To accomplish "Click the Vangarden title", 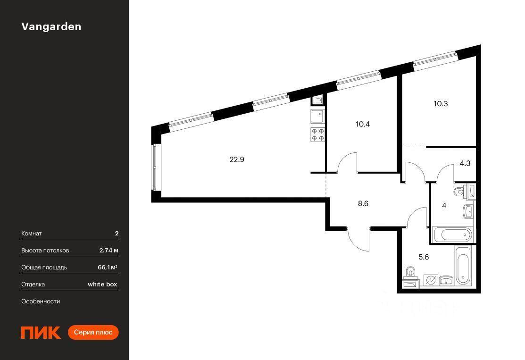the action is click(51, 27).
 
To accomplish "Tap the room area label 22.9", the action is click(237, 159).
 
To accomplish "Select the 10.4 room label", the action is click(363, 124).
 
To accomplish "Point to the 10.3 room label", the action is click(441, 104).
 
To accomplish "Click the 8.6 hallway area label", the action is click(363, 203).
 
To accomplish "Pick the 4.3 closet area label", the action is click(465, 163).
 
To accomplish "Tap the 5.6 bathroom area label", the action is click(424, 257).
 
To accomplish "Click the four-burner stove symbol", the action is click(318, 134).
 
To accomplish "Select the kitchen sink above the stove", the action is click(317, 117).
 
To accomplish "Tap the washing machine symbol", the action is click(431, 280).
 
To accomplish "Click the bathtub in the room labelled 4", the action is click(452, 234).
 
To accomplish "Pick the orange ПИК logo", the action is click(41, 333).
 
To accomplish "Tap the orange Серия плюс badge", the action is click(93, 332).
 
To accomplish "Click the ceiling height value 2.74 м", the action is click(108, 251).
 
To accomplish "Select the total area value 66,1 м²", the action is click(108, 267).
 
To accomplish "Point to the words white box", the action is click(102, 285).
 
